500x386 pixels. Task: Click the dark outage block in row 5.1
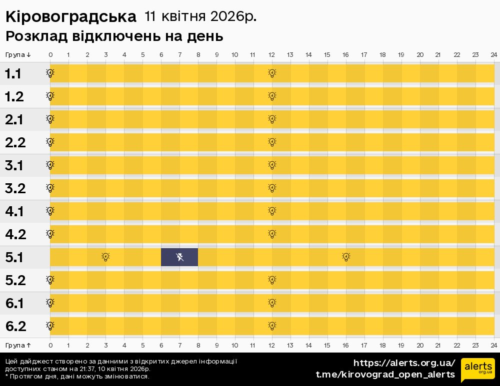(x=179, y=257)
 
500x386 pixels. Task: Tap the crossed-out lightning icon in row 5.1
(x=180, y=257)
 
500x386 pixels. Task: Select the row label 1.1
(x=13, y=74)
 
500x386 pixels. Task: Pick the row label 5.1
(x=14, y=258)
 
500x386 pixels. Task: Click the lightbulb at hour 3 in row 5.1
(x=105, y=257)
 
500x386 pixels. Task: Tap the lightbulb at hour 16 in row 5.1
(x=346, y=257)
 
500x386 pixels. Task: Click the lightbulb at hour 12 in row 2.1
(x=272, y=119)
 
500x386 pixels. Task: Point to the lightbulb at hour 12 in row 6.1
(x=272, y=303)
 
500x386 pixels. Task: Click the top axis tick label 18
(x=382, y=54)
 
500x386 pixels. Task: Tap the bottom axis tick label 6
(x=161, y=345)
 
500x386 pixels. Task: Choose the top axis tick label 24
(x=493, y=54)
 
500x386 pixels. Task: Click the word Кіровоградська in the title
(x=70, y=16)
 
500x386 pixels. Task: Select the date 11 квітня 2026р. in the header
(x=200, y=16)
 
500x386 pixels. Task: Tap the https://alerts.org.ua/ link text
(x=404, y=363)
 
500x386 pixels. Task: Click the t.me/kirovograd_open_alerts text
(x=385, y=375)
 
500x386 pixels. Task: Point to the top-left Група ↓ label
(x=18, y=54)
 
